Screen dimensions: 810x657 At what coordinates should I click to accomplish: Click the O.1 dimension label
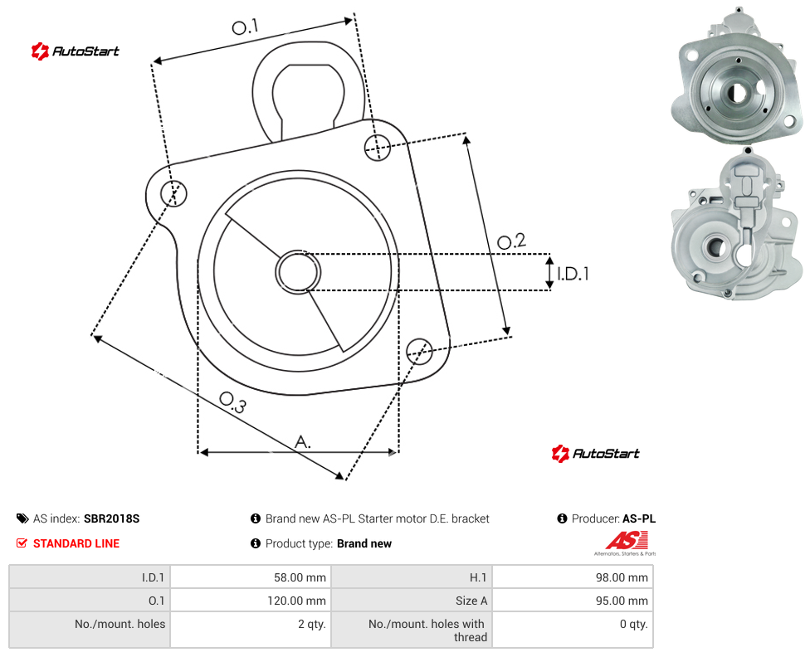click(245, 27)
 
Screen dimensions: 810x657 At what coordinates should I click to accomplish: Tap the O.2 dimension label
click(511, 241)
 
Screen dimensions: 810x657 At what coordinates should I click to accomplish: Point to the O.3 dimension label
click(232, 403)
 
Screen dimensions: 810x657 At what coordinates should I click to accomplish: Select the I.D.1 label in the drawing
click(573, 274)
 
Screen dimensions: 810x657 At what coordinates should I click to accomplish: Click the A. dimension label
click(303, 442)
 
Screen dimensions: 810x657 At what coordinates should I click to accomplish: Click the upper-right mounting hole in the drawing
click(378, 147)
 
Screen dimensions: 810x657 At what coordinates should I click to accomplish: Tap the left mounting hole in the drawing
click(174, 193)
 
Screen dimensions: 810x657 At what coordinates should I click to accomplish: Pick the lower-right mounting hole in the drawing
click(419, 352)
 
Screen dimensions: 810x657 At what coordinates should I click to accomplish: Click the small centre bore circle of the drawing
click(298, 272)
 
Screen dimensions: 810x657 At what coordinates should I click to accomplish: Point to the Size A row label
click(471, 601)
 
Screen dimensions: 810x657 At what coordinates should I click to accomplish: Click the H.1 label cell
click(478, 577)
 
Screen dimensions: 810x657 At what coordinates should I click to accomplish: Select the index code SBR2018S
click(111, 518)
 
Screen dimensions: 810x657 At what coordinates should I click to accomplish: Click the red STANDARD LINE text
click(76, 543)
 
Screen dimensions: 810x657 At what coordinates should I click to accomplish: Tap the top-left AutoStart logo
click(75, 51)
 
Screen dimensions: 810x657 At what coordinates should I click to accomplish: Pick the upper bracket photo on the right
click(737, 76)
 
